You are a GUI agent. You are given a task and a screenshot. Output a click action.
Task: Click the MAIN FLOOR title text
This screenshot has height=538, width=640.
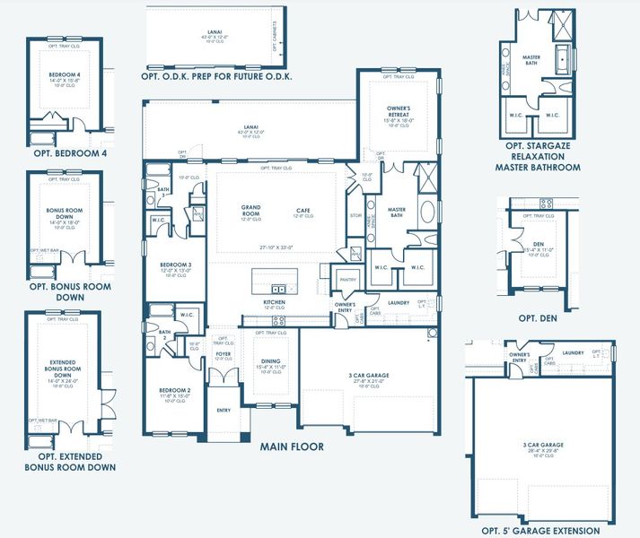pos(292,446)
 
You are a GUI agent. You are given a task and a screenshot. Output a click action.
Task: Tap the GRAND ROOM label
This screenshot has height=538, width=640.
pos(250,211)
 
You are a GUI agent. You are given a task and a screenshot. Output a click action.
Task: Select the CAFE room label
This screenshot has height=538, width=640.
pos(304,212)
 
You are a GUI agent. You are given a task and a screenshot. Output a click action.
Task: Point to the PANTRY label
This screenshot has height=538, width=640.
pos(348,280)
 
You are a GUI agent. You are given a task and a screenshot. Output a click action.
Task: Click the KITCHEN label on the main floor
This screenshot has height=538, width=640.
pos(274,303)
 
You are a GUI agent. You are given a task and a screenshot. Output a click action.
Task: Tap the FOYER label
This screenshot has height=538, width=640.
pos(223,354)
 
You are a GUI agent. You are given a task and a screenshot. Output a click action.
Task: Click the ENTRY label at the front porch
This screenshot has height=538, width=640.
pos(224,412)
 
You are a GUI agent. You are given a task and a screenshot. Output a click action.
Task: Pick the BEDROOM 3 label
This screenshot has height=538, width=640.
pos(175,265)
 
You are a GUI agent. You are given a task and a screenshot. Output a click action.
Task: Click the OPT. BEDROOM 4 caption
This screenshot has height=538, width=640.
pos(70,153)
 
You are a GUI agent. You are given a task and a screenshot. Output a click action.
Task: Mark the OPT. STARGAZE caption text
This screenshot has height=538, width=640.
pos(538,145)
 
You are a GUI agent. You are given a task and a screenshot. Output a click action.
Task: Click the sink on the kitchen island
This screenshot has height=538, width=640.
pos(279,289)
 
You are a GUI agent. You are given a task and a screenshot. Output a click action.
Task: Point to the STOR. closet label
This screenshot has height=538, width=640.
pos(355,215)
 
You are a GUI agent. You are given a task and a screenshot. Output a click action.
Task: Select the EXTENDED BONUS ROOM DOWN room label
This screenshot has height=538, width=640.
pos(62,369)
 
